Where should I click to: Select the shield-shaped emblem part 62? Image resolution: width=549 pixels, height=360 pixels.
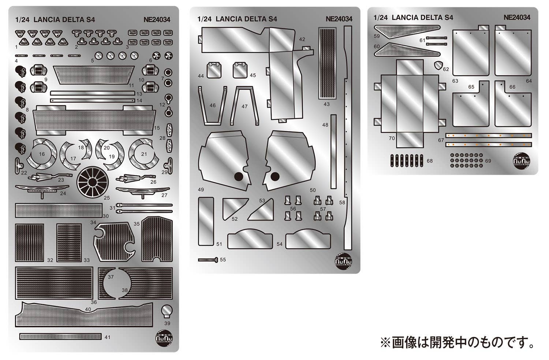tap(437, 66)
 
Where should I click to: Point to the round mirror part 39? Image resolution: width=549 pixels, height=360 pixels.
tap(167, 311)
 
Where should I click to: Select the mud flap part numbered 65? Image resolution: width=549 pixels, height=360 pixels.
tap(470, 104)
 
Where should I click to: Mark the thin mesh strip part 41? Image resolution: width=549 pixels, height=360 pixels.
tap(61, 336)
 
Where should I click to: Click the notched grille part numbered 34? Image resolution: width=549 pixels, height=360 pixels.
tap(113, 242)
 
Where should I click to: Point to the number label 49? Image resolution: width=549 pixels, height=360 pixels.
tap(201, 190)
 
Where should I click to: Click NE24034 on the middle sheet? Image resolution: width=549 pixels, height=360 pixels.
tap(339, 19)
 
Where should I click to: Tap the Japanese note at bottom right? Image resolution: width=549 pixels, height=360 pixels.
tap(457, 343)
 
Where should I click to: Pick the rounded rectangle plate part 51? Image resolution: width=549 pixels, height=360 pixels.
tap(206, 221)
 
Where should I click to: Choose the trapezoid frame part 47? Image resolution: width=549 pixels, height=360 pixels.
tap(245, 105)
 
